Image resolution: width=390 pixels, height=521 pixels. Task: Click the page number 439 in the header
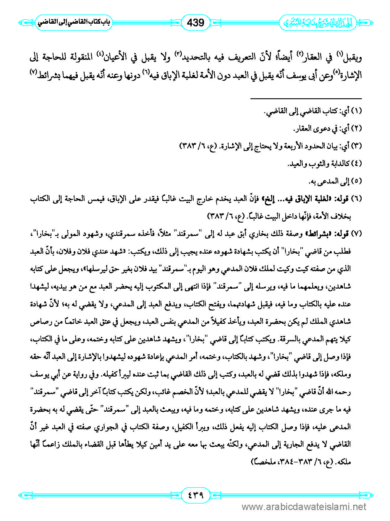(x=195, y=22)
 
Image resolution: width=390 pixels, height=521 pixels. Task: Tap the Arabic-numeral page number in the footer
(x=195, y=495)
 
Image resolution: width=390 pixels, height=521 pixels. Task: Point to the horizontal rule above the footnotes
(x=306, y=98)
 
